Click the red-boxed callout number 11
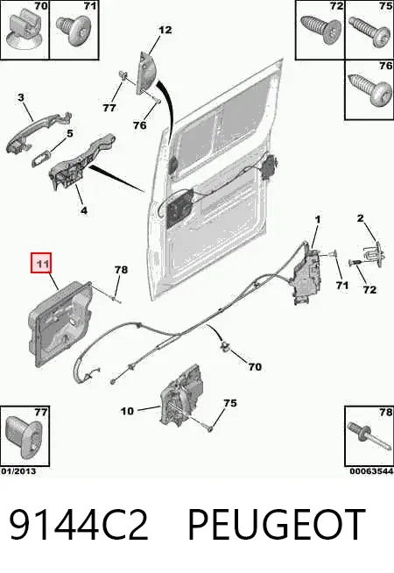tap(41, 263)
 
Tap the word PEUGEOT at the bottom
tap(277, 525)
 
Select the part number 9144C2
tap(79, 525)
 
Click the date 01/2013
tap(18, 471)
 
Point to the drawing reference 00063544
tap(371, 471)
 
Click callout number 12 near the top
tap(165, 30)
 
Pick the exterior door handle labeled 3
tap(39, 132)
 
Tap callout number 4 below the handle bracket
tap(84, 210)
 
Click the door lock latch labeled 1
tap(306, 275)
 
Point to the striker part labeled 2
tap(373, 252)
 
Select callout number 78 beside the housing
tap(121, 270)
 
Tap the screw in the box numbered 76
tap(369, 89)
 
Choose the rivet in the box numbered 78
tap(369, 435)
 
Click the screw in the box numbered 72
tap(320, 29)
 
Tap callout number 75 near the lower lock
tap(230, 403)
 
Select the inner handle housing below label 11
tap(60, 323)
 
